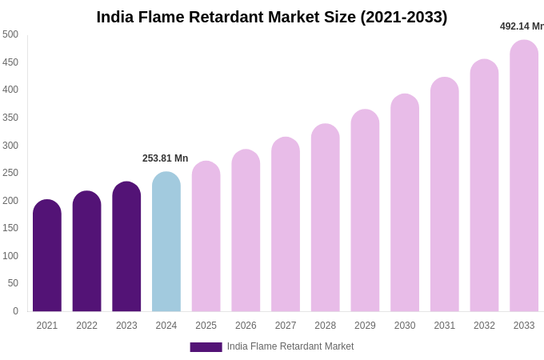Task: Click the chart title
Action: click(272, 17)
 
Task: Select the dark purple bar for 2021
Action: click(47, 256)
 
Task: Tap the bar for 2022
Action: click(86, 252)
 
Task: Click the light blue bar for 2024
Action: click(166, 242)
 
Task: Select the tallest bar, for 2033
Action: click(524, 176)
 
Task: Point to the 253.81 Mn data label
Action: click(166, 158)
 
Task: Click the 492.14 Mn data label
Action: click(522, 26)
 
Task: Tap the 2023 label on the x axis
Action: click(126, 326)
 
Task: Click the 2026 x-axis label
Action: click(246, 326)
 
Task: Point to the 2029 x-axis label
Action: click(365, 326)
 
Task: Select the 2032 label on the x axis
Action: click(484, 326)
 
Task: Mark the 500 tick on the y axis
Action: click(10, 34)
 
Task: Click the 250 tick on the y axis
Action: click(10, 173)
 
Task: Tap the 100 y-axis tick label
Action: click(10, 256)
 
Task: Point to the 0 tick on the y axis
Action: click(14, 311)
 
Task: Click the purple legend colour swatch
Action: click(206, 347)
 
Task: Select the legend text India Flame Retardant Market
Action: click(290, 346)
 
